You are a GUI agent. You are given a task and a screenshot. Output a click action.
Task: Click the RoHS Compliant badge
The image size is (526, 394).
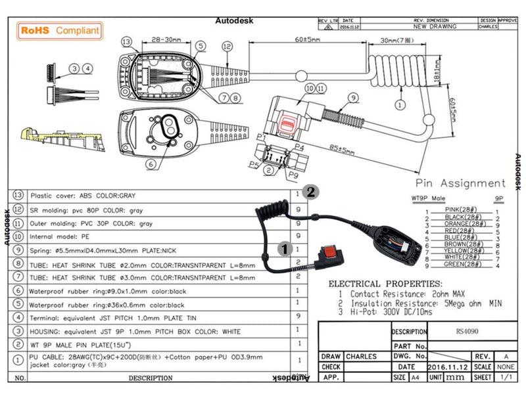click(x=59, y=30)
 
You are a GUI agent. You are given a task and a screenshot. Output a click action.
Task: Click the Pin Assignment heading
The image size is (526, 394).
click(x=460, y=183)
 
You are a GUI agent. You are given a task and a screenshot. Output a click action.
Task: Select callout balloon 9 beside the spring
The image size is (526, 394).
click(x=352, y=98)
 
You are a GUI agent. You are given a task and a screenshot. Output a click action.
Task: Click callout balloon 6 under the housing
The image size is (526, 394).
click(x=151, y=164)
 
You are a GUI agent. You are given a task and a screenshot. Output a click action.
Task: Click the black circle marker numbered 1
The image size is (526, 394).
click(x=284, y=248)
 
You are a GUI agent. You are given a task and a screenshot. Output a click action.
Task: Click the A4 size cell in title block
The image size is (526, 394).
click(x=416, y=378)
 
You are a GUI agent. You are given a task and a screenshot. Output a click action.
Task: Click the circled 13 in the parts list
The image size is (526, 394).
click(x=18, y=195)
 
